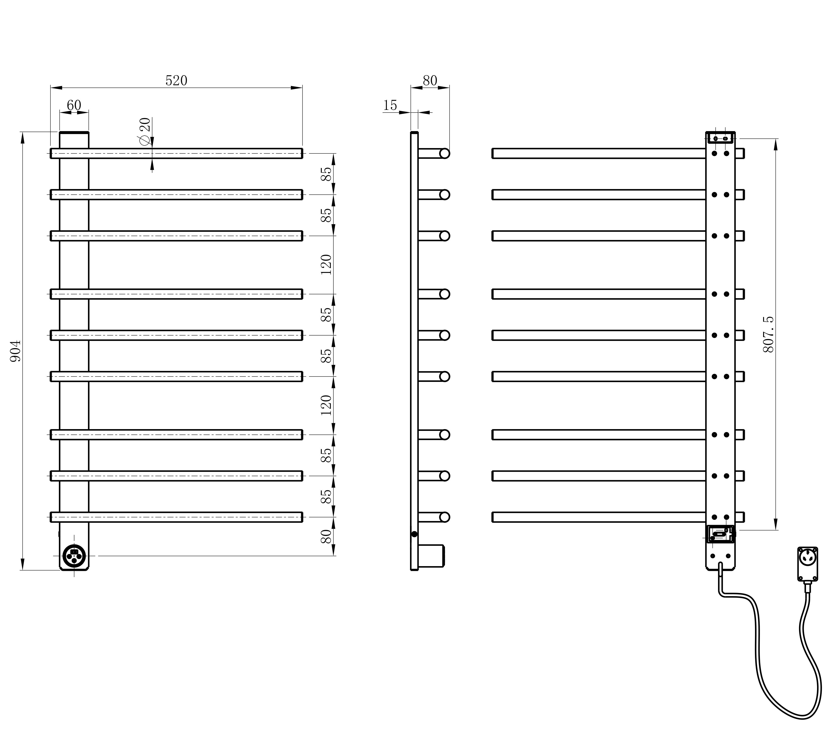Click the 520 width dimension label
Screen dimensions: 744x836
click(x=176, y=81)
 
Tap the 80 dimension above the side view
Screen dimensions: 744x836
click(x=430, y=81)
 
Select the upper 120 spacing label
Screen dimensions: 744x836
click(x=326, y=264)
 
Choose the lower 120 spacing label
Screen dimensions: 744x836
click(x=326, y=405)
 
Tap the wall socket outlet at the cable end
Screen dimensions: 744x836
click(x=807, y=564)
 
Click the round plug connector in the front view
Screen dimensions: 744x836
click(x=74, y=556)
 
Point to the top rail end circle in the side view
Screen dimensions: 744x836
click(x=444, y=153)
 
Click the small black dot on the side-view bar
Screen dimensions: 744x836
click(x=414, y=534)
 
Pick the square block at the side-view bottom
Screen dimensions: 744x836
click(x=431, y=556)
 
